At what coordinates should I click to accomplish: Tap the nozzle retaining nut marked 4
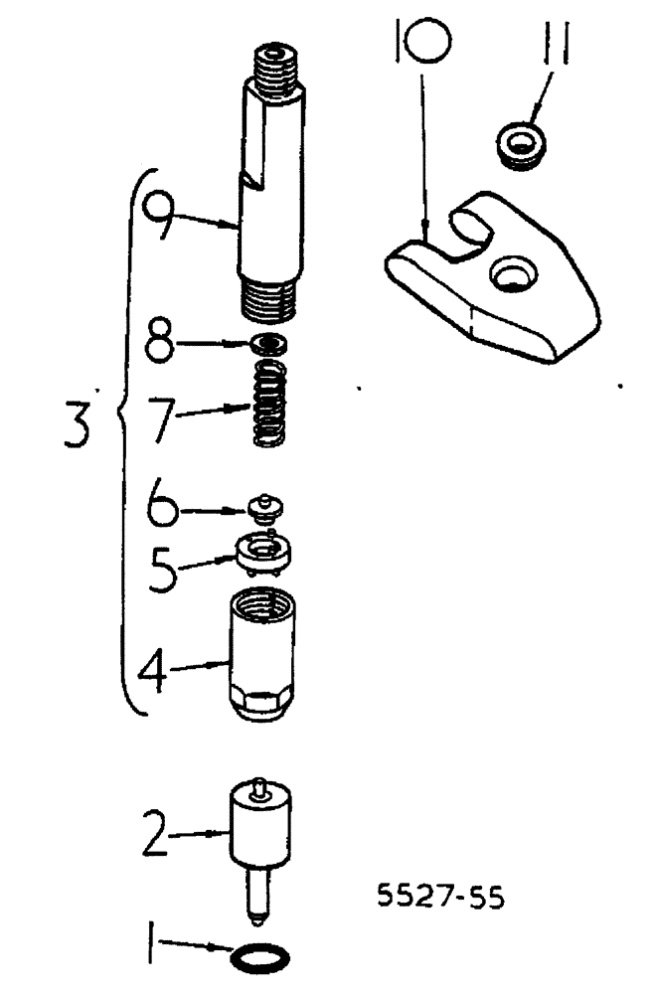click(262, 656)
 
